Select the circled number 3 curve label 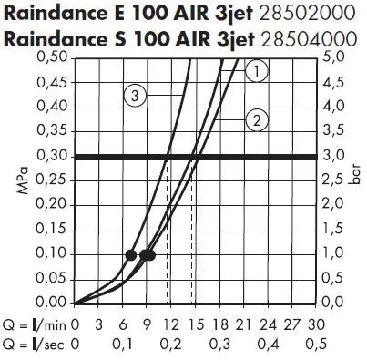[136, 95]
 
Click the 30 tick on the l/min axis [315, 324]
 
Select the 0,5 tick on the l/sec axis [315, 345]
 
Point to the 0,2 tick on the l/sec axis [170, 345]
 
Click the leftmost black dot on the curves [131, 255]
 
